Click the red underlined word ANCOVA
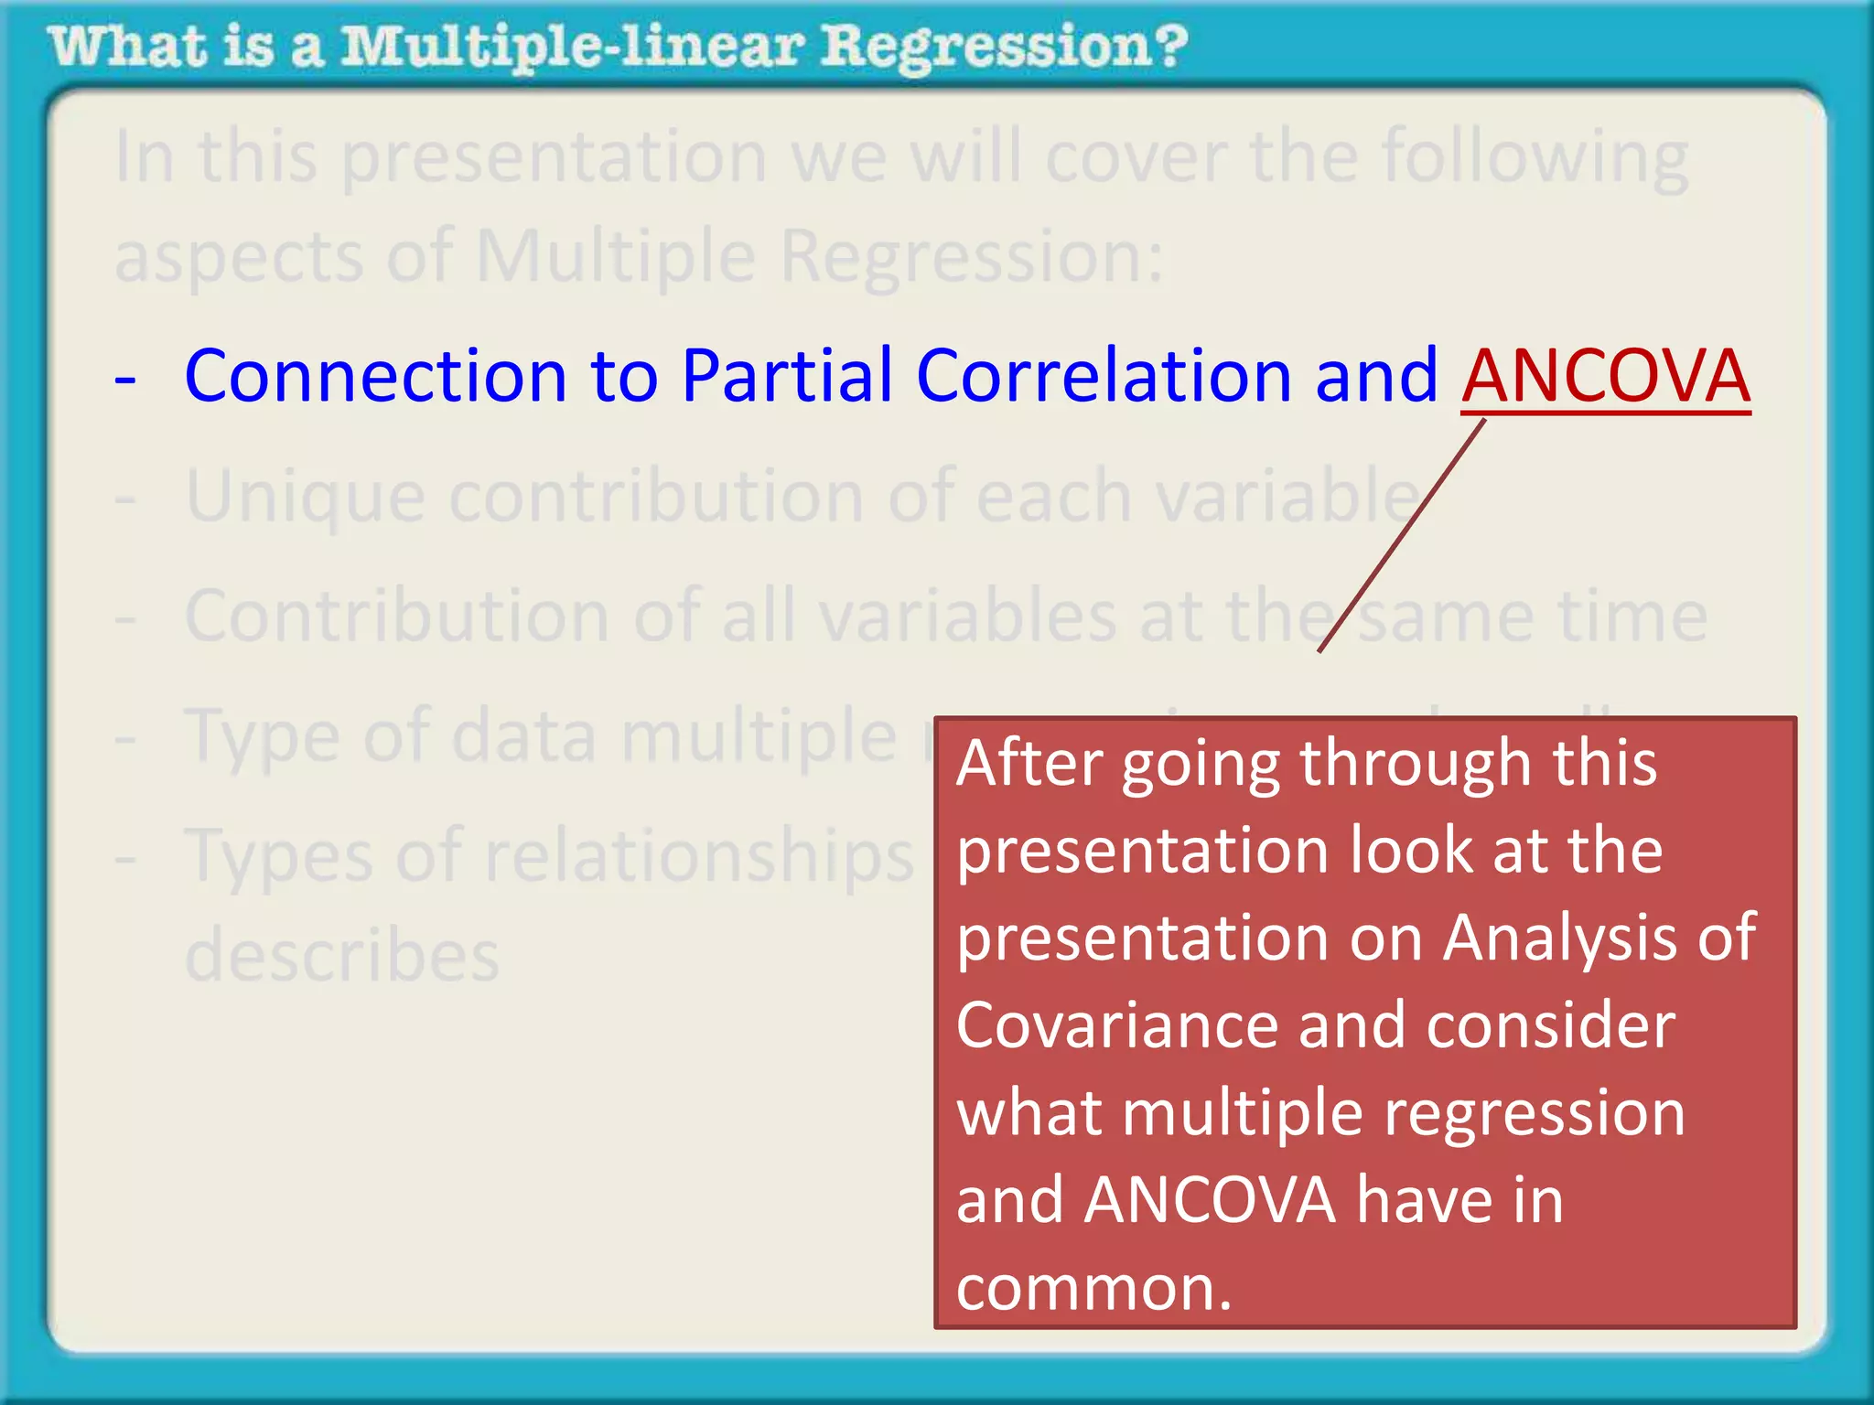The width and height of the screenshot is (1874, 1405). click(x=1606, y=377)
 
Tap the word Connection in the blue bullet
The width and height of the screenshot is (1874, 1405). click(x=375, y=377)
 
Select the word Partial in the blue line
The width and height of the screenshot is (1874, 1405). click(x=787, y=377)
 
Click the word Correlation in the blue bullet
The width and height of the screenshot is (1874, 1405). click(x=1103, y=377)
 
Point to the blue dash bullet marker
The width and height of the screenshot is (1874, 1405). click(x=125, y=379)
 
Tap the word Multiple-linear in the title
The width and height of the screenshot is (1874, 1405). click(x=573, y=48)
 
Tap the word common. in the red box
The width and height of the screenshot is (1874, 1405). click(x=1093, y=1288)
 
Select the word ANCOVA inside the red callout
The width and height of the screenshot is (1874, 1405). click(x=1210, y=1200)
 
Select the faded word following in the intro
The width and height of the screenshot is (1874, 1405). click(x=1535, y=158)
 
